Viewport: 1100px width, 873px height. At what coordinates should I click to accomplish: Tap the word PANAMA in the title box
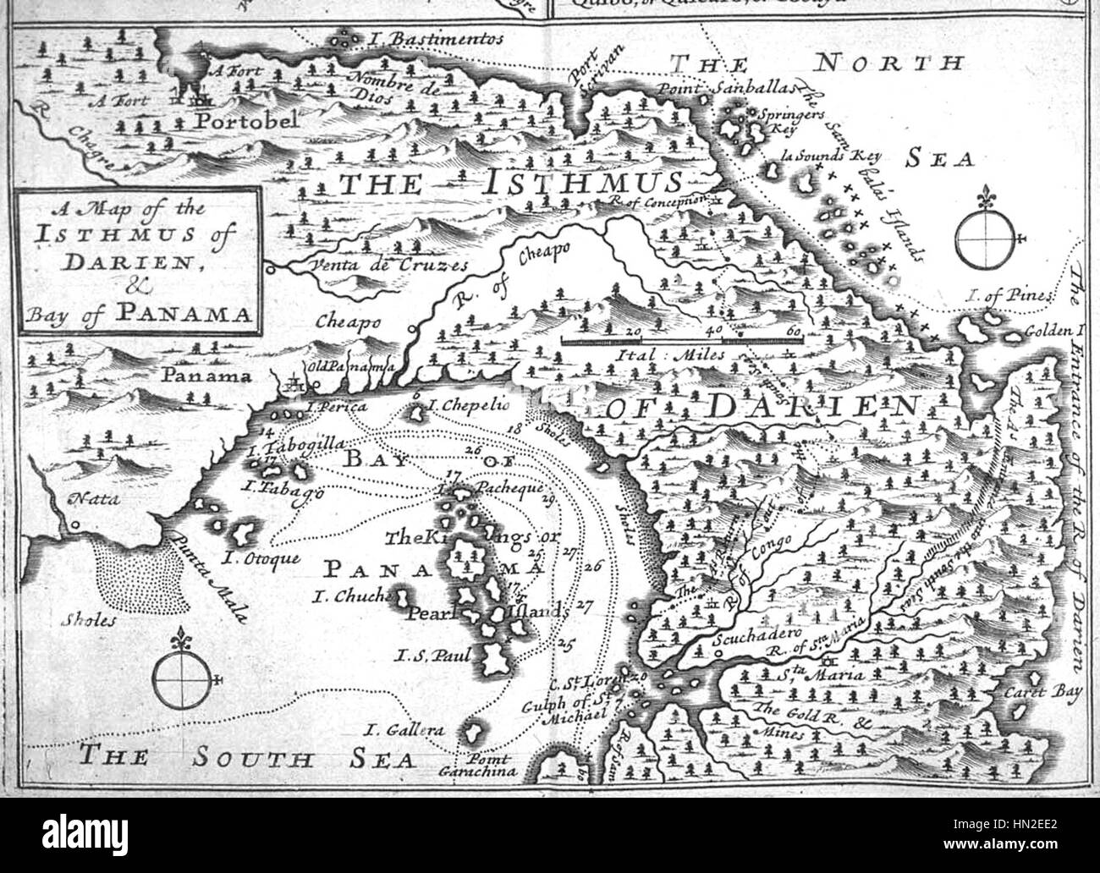(x=184, y=314)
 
